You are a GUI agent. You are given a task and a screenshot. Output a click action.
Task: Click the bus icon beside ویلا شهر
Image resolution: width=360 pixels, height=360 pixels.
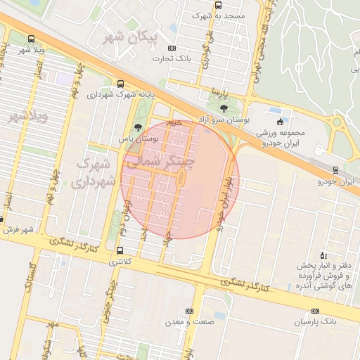click(30, 39)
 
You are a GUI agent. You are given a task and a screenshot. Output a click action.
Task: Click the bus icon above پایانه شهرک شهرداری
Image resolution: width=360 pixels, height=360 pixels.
click(120, 83)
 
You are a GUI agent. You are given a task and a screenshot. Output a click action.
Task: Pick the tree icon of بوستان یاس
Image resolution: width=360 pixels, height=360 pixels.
click(137, 127)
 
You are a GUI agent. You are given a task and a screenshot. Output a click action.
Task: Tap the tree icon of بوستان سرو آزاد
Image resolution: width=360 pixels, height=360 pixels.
click(224, 108)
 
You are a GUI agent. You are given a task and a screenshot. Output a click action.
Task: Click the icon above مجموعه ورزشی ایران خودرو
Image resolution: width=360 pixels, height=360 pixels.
click(281, 122)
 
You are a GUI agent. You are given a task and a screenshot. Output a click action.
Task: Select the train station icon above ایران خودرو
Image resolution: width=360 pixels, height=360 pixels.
click(335, 169)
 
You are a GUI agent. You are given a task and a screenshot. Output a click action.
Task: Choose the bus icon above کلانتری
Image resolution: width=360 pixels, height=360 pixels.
click(120, 250)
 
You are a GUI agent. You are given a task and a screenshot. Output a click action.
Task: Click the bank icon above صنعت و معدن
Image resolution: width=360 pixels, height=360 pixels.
click(188, 310)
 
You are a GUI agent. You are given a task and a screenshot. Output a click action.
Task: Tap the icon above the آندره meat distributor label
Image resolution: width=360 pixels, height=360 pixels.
click(323, 254)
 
